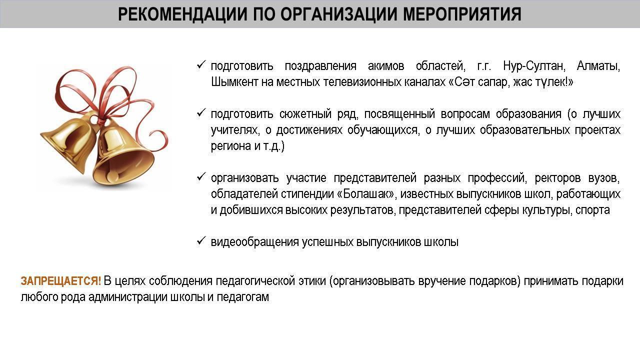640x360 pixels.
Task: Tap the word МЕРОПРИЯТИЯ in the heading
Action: (462, 14)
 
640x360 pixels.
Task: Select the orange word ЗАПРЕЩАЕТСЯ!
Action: (61, 281)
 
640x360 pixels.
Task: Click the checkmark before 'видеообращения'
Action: (201, 241)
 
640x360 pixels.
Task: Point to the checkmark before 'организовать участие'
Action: (201, 177)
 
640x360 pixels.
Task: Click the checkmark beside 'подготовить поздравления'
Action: (201, 65)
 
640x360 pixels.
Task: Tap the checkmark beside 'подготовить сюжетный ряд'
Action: (201, 113)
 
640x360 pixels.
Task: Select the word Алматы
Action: (598, 66)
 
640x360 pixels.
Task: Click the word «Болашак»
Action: (367, 194)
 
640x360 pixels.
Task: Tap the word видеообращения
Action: (255, 242)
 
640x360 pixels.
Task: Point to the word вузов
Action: (604, 178)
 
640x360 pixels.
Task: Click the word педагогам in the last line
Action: (243, 297)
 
